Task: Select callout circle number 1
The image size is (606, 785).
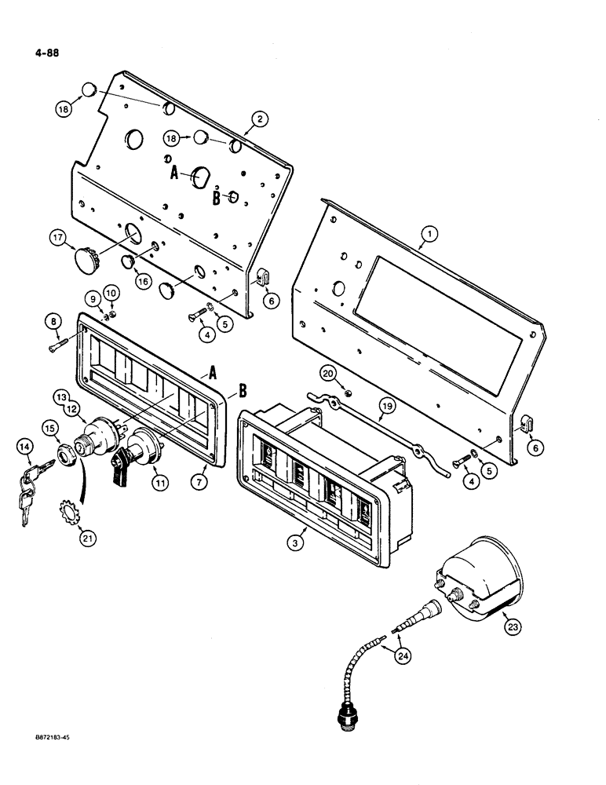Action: click(428, 233)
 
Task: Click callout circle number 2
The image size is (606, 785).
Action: click(259, 119)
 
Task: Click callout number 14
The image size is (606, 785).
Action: click(25, 447)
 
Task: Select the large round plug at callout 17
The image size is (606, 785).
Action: click(86, 257)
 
